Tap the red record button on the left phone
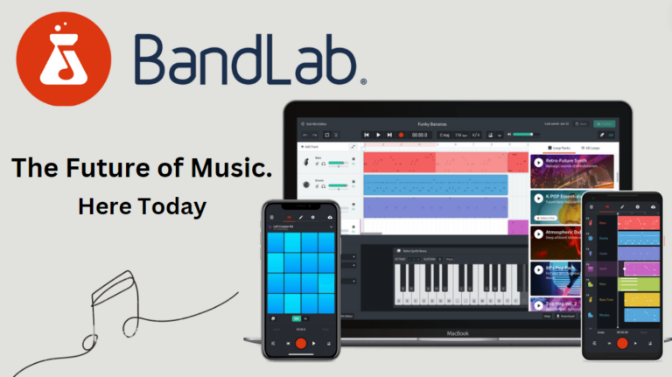coord(300,344)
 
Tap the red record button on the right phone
coord(622,342)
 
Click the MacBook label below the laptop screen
coord(458,333)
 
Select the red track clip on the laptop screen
coord(435,162)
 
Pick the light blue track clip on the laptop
coord(435,185)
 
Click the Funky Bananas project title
coord(435,125)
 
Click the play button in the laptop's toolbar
coord(378,135)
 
